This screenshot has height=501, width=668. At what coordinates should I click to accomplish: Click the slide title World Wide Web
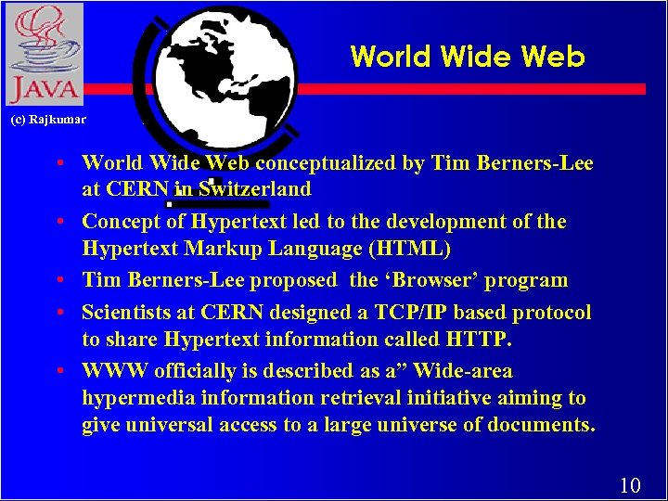(468, 57)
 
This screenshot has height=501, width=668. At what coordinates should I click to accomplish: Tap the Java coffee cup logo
(44, 54)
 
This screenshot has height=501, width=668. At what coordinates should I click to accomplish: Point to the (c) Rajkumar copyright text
(47, 120)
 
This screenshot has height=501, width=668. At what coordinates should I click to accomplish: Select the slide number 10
(630, 484)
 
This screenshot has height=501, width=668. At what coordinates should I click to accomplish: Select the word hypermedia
(140, 398)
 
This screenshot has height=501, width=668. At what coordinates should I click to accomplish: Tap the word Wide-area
(464, 371)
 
